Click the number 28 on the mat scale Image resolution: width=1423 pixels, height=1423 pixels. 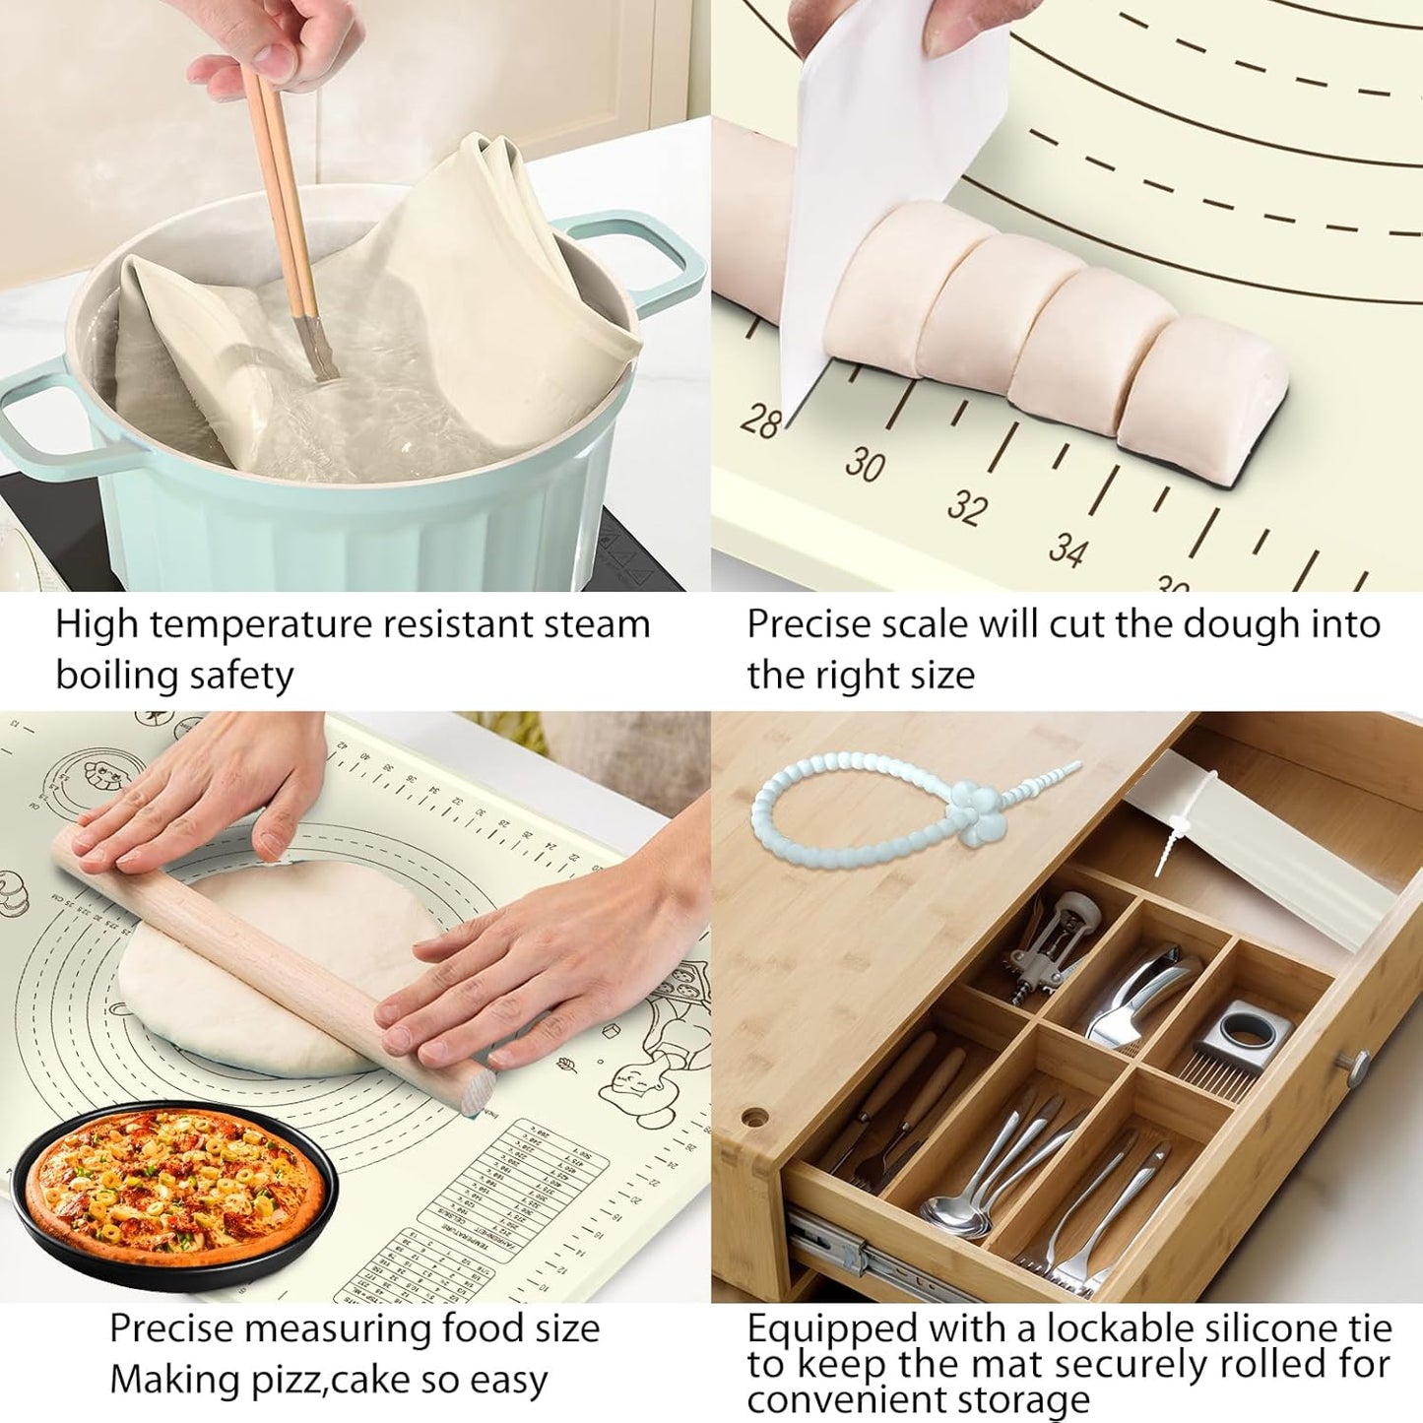pos(760,420)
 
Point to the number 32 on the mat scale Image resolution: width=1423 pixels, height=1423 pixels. pos(967,506)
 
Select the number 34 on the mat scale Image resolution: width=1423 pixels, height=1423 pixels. pos(1067,549)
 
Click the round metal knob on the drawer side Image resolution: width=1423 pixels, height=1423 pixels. pos(1358,1066)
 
